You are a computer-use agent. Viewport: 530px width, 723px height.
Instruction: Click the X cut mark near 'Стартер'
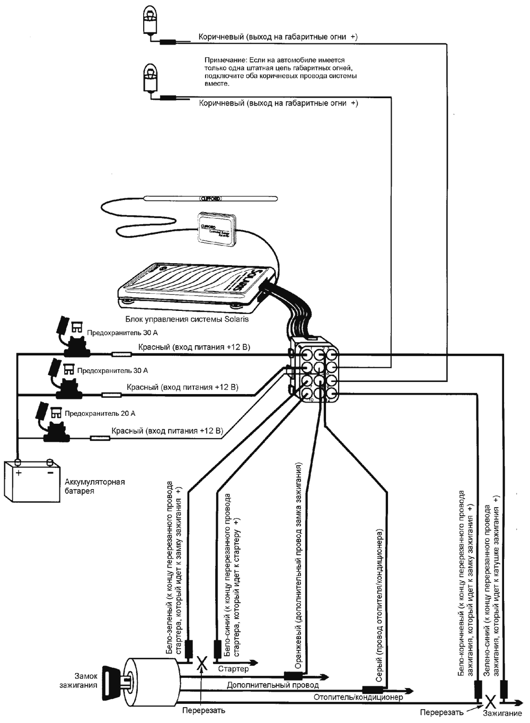(201, 663)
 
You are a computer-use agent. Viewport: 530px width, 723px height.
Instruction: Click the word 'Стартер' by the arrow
(233, 669)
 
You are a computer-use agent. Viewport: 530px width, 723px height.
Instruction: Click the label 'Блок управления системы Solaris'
(187, 319)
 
